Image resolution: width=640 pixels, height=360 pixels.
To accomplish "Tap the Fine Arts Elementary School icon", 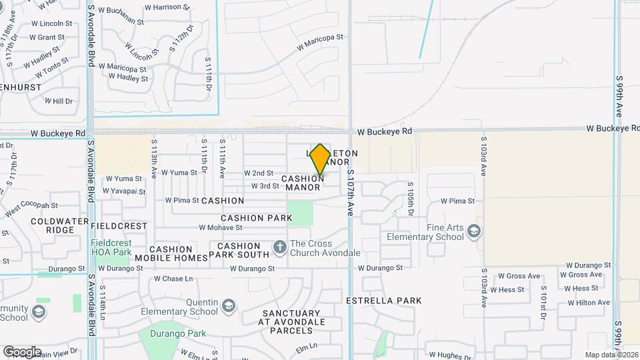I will click(x=474, y=231).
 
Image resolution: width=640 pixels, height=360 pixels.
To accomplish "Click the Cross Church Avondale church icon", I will click(x=279, y=248).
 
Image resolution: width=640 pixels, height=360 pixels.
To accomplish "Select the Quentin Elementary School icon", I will click(x=229, y=306).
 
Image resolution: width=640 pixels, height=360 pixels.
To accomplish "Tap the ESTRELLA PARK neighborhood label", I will click(x=383, y=301).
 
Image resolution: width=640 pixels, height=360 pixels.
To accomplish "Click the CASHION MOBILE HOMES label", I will click(x=171, y=253).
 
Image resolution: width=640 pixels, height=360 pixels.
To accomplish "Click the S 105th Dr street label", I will click(x=411, y=198).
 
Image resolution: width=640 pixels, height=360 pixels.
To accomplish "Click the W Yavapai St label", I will click(x=124, y=191).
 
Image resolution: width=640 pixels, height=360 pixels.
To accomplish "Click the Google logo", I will click(x=22, y=352).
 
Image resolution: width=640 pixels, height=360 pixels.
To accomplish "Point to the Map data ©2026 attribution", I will click(x=611, y=355).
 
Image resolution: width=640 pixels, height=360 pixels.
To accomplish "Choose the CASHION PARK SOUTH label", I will click(x=239, y=250).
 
